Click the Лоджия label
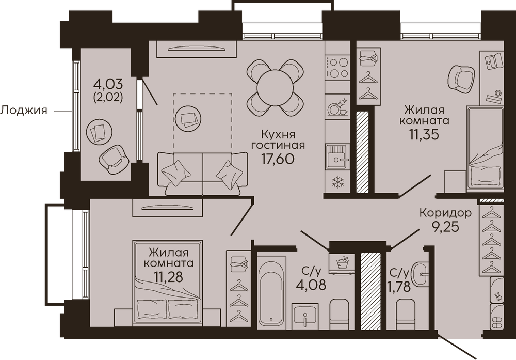pos(24,110)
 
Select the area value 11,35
pos(424,134)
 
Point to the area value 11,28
pos(168,277)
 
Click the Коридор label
pos(445,213)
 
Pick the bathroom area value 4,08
pos(311,284)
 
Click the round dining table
pos(275,88)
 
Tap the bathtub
pos(271,293)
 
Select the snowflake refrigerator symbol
pos(337,182)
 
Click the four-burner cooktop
pos(337,68)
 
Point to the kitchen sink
pos(337,156)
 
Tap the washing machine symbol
pos(342,263)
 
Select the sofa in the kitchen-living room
pos(202,173)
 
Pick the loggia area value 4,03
pos(108,84)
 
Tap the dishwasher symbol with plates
pos(337,107)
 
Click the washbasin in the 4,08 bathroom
pos(305,316)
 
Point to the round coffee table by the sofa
pos(188,119)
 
